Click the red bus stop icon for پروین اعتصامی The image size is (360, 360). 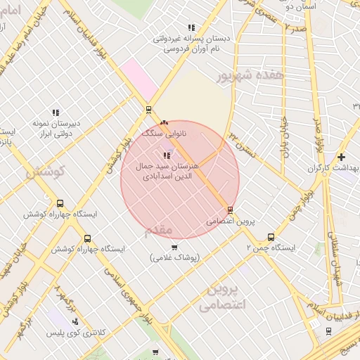230,210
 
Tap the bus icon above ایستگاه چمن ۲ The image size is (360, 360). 252,237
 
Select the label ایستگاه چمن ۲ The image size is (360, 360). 271,247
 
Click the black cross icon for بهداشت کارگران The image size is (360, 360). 341,157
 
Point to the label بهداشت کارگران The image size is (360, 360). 333,169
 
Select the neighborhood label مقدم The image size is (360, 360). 157,230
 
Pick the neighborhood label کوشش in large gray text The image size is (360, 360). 45,170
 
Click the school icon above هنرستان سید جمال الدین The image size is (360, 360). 166,155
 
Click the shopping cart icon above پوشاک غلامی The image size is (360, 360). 175,247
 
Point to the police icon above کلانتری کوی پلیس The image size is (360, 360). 75,321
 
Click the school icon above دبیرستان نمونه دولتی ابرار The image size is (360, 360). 55,112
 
